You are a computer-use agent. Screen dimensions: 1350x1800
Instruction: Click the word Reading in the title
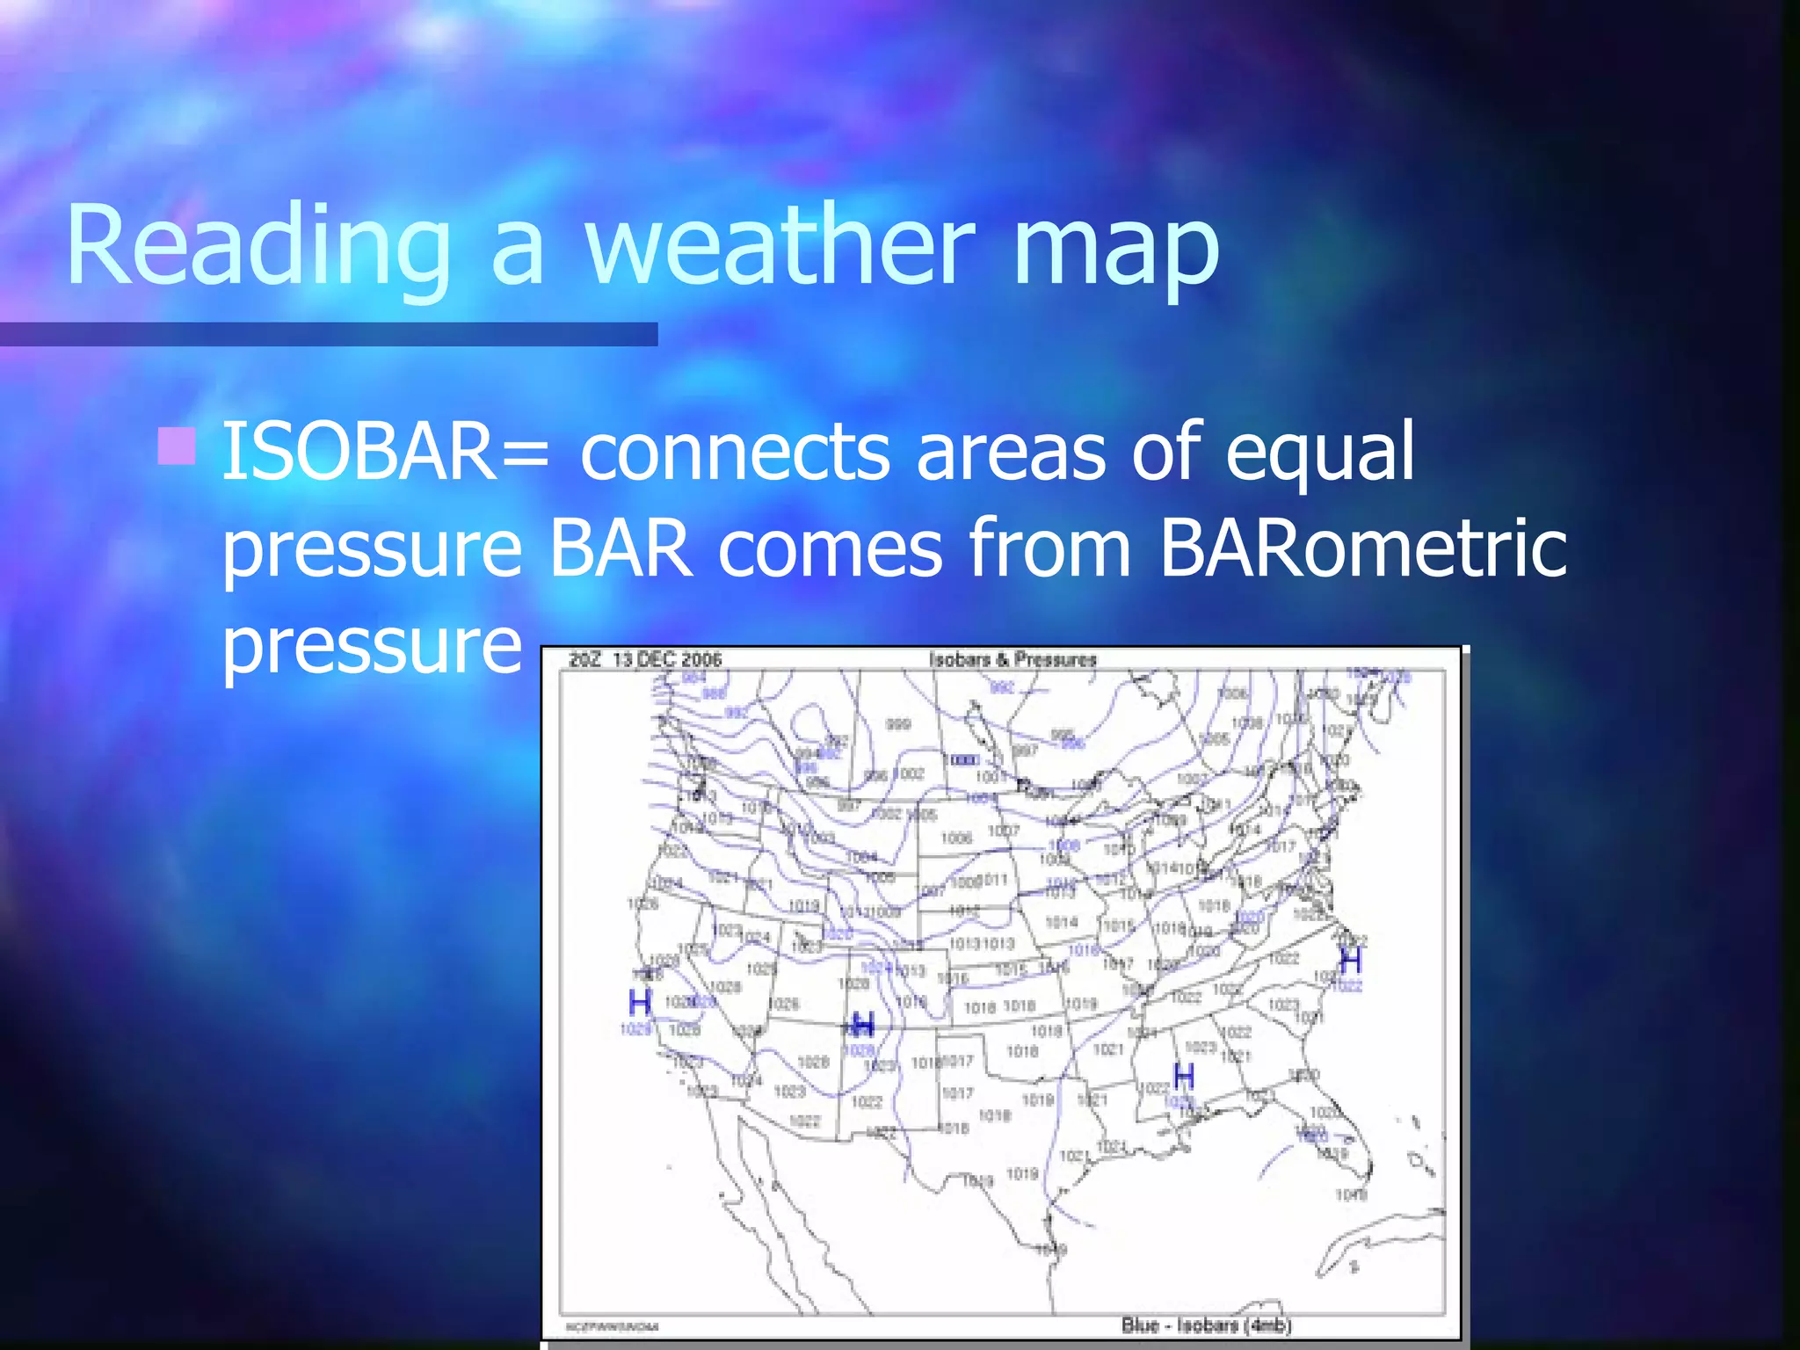(x=258, y=246)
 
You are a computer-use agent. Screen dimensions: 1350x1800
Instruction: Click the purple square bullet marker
(x=176, y=446)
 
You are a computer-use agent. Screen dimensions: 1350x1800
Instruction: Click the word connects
(x=735, y=454)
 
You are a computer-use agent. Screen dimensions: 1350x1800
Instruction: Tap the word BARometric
(x=1362, y=549)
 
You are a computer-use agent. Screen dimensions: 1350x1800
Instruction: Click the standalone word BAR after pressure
(x=621, y=549)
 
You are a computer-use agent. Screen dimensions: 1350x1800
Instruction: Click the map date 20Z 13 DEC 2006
(x=645, y=659)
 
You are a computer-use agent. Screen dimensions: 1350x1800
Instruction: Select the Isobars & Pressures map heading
(x=1012, y=659)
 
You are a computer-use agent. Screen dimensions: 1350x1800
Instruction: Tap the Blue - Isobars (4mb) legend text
(x=1206, y=1325)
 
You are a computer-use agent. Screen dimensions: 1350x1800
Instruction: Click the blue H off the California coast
(x=640, y=1002)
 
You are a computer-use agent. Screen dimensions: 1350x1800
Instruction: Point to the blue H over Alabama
(x=1184, y=1075)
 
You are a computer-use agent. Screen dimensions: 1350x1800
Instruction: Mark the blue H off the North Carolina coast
(x=1350, y=959)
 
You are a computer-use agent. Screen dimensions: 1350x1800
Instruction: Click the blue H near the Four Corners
(x=863, y=1024)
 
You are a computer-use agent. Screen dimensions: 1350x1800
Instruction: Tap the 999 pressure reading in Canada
(x=897, y=724)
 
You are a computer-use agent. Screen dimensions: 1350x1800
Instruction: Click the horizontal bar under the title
(x=328, y=334)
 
